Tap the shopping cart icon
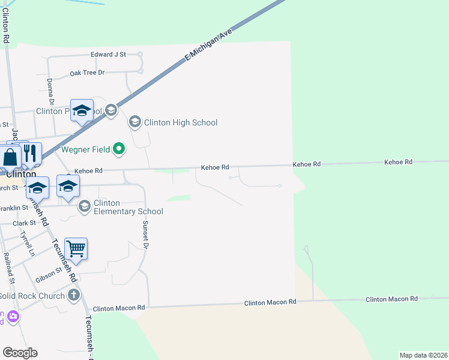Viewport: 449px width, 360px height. tap(76, 247)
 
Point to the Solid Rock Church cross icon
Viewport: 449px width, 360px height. tap(74, 295)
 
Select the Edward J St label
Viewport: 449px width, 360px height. tap(108, 54)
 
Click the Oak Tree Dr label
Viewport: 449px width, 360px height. tap(87, 73)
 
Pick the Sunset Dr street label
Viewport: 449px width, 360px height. tap(145, 233)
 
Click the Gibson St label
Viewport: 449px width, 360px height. tap(49, 274)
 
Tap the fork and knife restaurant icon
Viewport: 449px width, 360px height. tap(31, 153)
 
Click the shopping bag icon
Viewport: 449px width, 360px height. tap(11, 158)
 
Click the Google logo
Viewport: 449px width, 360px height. tap(20, 353)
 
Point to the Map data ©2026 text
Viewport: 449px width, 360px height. tap(423, 355)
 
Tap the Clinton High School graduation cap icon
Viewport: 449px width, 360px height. tap(135, 122)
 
